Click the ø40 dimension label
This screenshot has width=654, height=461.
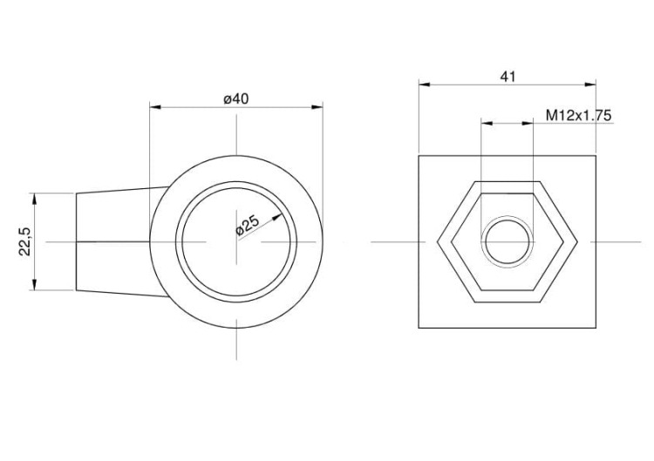click(236, 99)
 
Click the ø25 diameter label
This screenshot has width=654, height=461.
click(248, 226)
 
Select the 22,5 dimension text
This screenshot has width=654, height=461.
click(24, 241)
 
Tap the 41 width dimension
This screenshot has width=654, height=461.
click(508, 77)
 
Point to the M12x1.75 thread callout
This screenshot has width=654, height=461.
click(578, 115)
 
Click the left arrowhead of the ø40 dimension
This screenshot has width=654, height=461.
click(155, 107)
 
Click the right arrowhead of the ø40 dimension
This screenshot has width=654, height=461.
click(317, 107)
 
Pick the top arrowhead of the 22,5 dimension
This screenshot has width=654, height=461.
click(34, 199)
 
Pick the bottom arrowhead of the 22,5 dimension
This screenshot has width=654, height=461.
click(34, 285)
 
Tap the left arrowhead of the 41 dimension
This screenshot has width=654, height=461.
click(424, 85)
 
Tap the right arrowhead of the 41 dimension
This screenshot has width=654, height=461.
click(590, 85)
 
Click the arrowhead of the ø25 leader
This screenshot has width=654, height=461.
click(277, 217)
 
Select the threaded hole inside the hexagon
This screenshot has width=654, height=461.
click(508, 241)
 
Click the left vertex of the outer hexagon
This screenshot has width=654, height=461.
click(437, 241)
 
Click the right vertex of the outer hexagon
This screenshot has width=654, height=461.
click(577, 241)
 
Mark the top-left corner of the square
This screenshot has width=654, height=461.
click(419, 156)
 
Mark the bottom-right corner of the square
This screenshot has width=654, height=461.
click(596, 328)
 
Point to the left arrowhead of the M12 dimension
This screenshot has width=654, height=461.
click(487, 123)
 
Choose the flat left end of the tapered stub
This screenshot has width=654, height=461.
click(76, 241)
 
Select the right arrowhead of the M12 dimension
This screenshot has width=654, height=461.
click(528, 123)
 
